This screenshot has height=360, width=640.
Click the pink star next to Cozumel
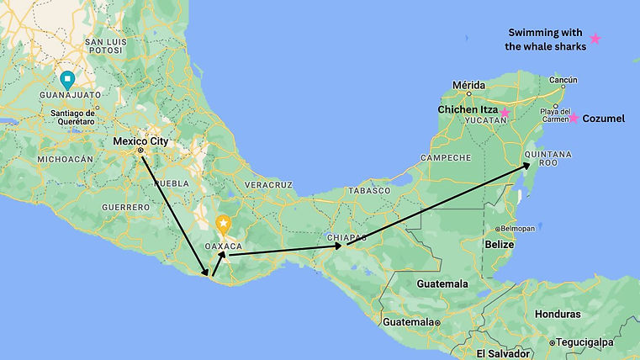pyautogui.click(x=573, y=118)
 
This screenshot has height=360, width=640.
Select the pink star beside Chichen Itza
pyautogui.click(x=505, y=113)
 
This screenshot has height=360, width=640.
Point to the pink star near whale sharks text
pyautogui.click(x=595, y=39)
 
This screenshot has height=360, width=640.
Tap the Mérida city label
pyautogui.click(x=468, y=85)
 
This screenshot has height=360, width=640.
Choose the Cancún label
pyautogui.click(x=563, y=81)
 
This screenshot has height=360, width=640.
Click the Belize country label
pyautogui.click(x=500, y=244)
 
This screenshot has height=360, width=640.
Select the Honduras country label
pyautogui.click(x=556, y=314)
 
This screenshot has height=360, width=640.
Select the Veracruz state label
pyautogui.click(x=268, y=183)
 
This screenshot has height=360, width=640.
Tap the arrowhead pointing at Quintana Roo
pyautogui.click(x=527, y=165)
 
